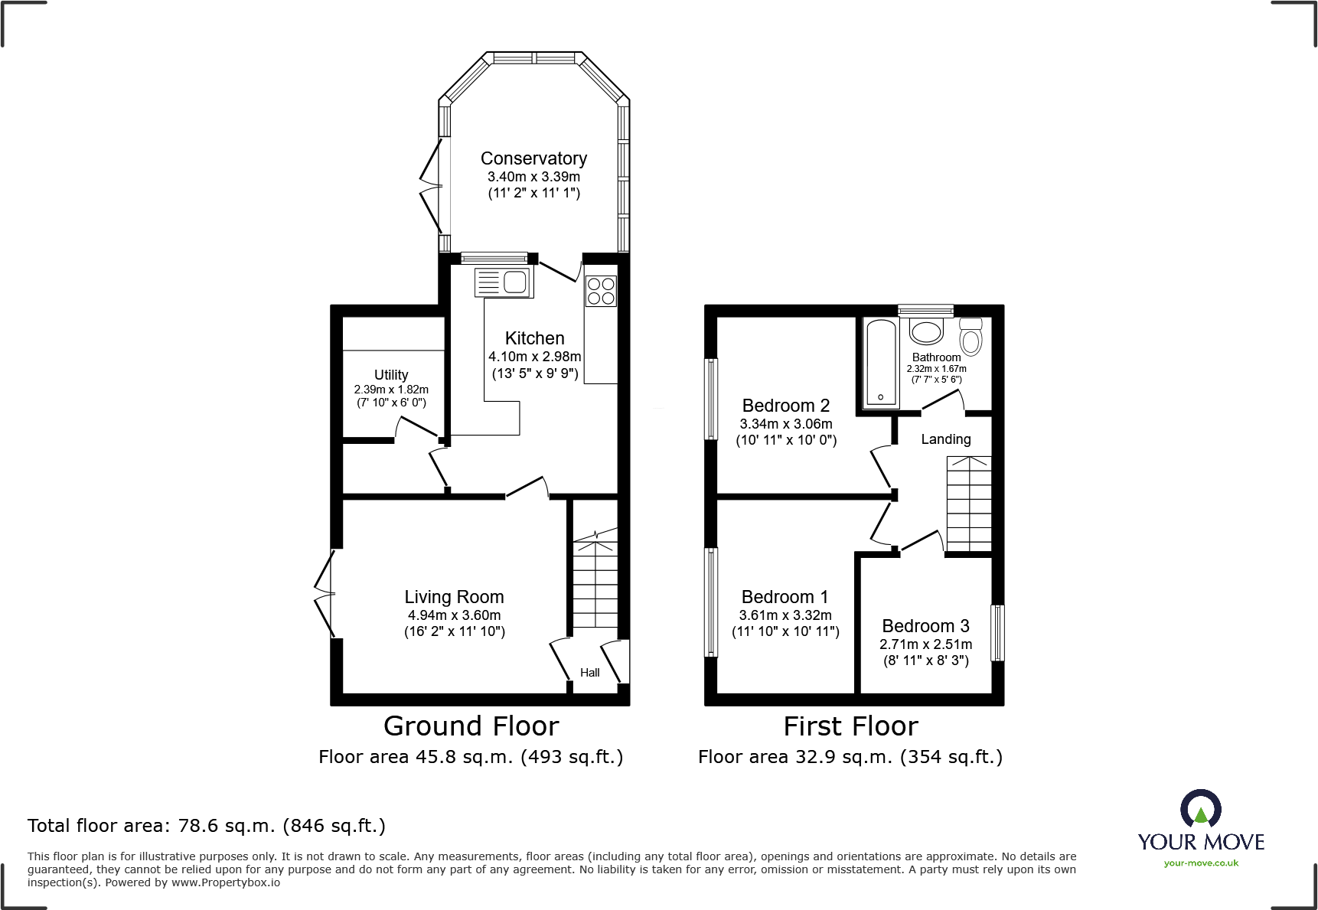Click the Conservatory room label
pyautogui.click(x=533, y=158)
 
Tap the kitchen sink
pyautogui.click(x=504, y=282)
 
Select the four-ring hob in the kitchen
pyautogui.click(x=600, y=290)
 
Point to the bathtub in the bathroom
pyautogui.click(x=881, y=363)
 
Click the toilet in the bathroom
pyautogui.click(x=971, y=336)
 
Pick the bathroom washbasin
pyautogui.click(x=926, y=332)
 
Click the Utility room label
pyautogui.click(x=391, y=375)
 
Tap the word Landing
pyautogui.click(x=945, y=439)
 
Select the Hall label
pyautogui.click(x=589, y=673)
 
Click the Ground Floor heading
pyautogui.click(x=471, y=726)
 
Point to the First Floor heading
pyautogui.click(x=850, y=726)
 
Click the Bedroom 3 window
pyautogui.click(x=997, y=633)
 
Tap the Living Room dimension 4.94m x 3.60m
pyautogui.click(x=454, y=615)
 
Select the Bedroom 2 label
pyautogui.click(x=786, y=406)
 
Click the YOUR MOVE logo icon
pyautogui.click(x=1200, y=809)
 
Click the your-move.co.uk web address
pyautogui.click(x=1201, y=863)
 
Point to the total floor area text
pyautogui.click(x=207, y=826)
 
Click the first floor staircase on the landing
pyautogui.click(x=969, y=504)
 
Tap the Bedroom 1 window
pyautogui.click(x=712, y=602)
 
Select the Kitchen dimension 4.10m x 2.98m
pyautogui.click(x=534, y=357)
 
